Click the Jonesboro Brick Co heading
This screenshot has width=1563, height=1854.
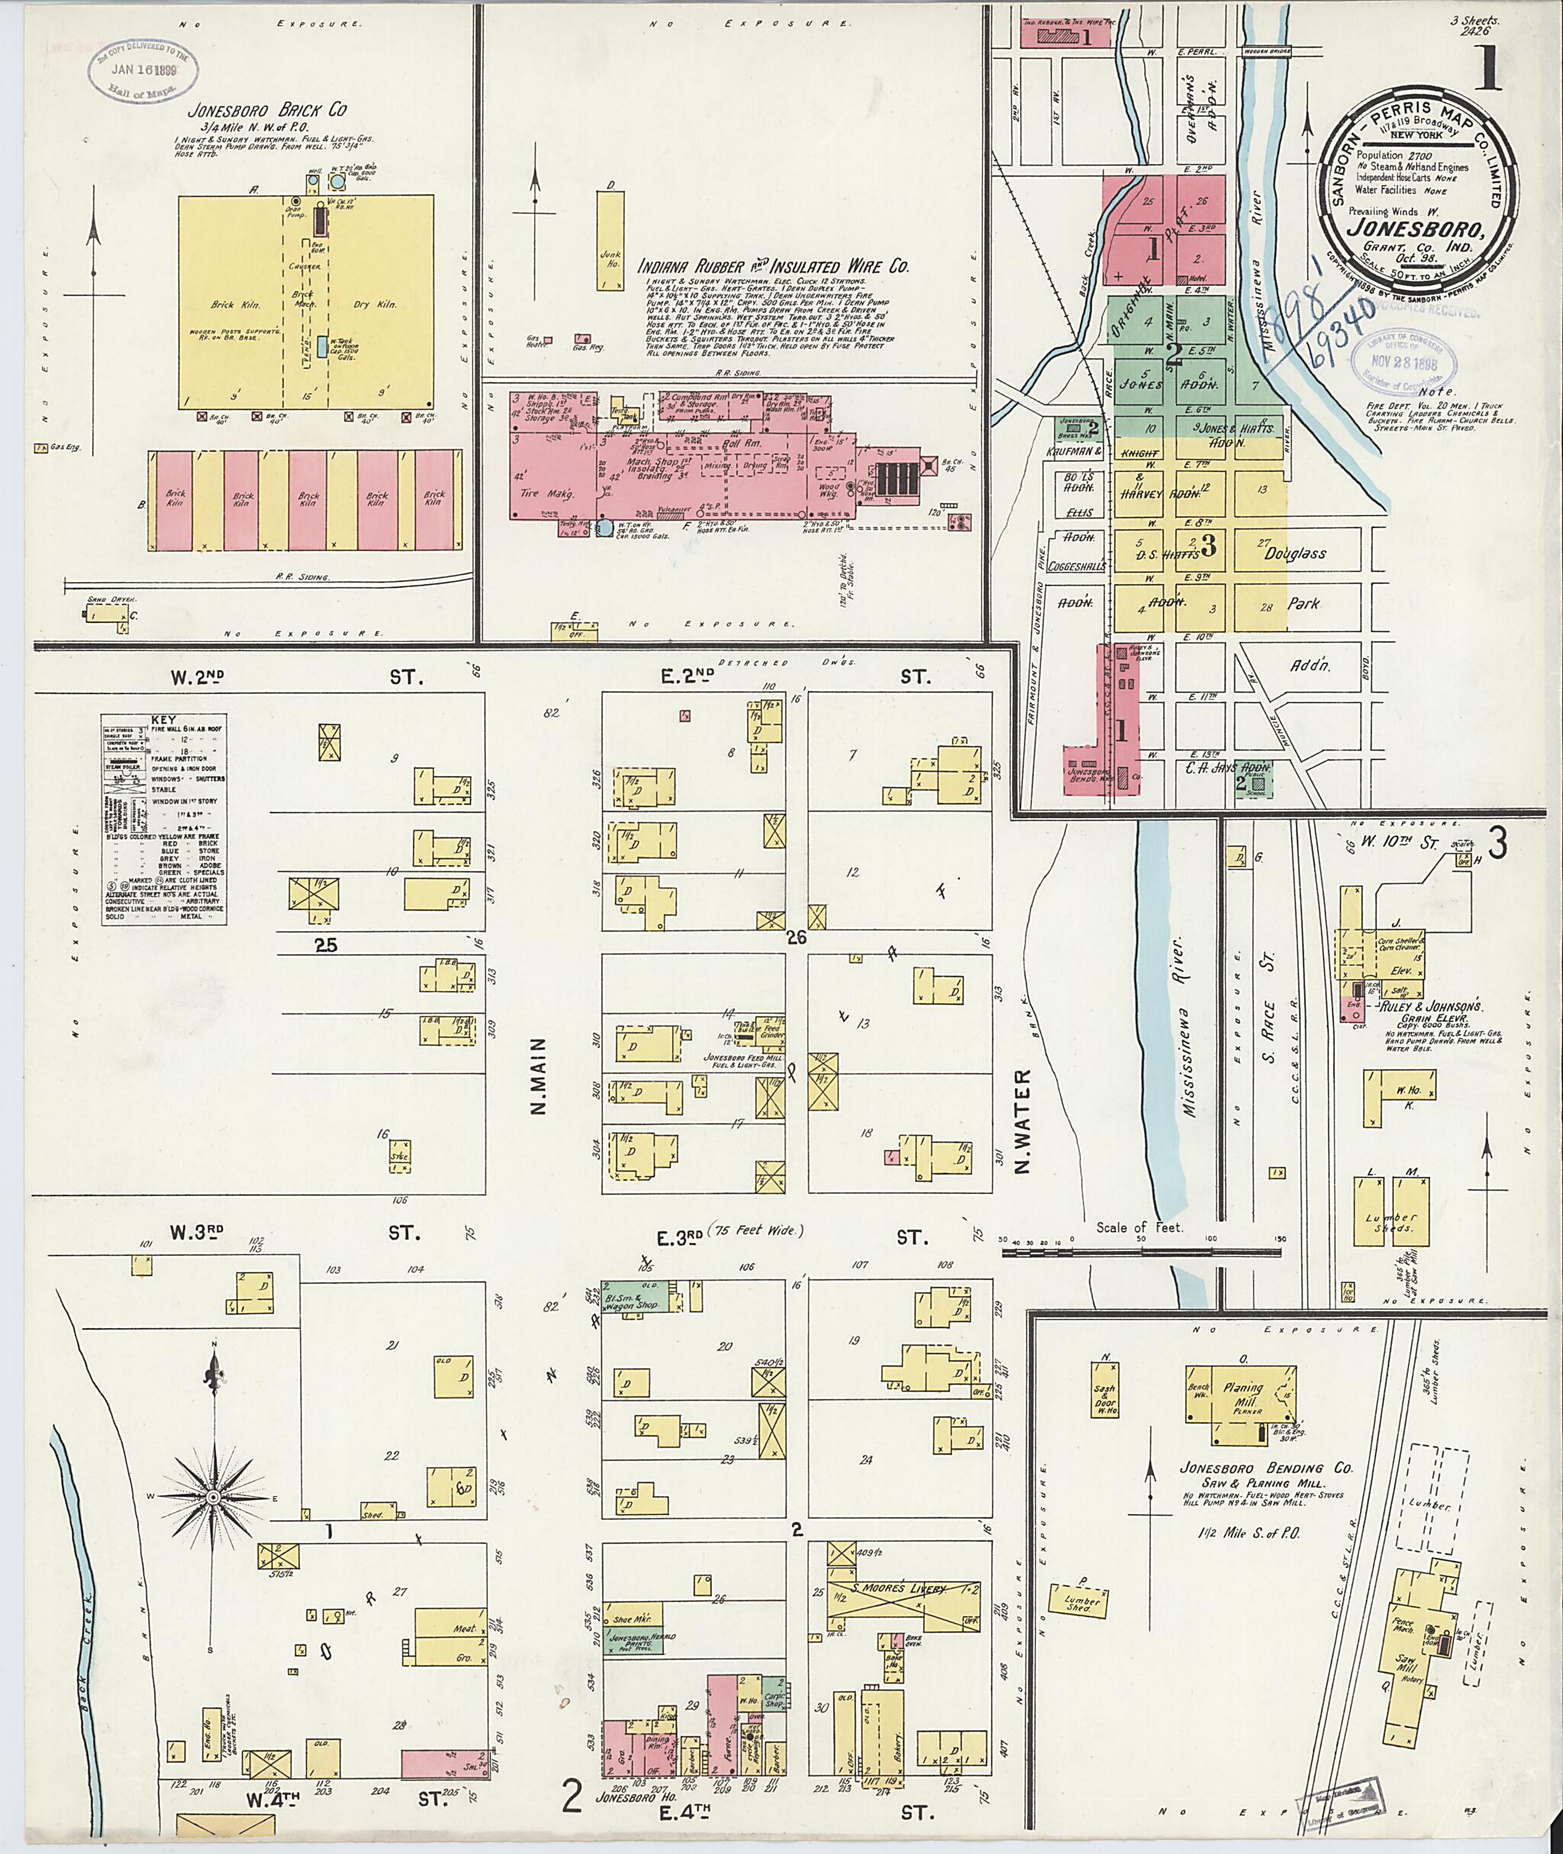pyautogui.click(x=266, y=111)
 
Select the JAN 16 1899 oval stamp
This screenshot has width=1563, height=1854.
pyautogui.click(x=143, y=69)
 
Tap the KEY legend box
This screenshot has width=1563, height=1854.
pyautogui.click(x=163, y=819)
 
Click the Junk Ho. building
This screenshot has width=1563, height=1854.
pyautogui.click(x=609, y=239)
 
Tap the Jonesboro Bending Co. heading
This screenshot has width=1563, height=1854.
pyautogui.click(x=1265, y=1468)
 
